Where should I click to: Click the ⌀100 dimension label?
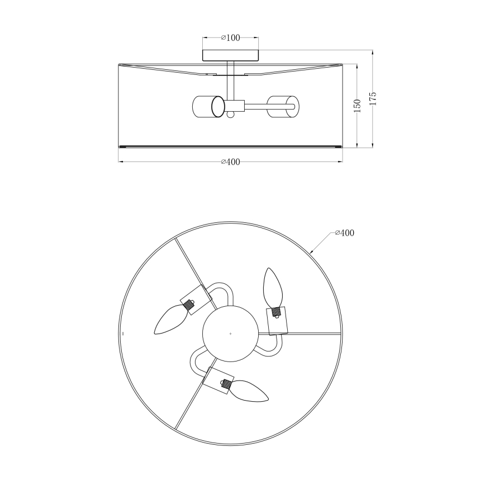(230, 38)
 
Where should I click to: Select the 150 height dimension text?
(358, 105)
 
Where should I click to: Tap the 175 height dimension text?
(373, 98)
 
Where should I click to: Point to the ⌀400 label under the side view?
(230, 162)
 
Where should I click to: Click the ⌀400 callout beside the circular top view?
(344, 233)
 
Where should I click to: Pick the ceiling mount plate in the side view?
(230, 55)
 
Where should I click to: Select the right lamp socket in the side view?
(283, 106)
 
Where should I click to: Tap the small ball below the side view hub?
(230, 115)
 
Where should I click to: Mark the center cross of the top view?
(230, 334)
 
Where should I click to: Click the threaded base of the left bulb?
(191, 306)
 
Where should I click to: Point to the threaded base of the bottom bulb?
(225, 384)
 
